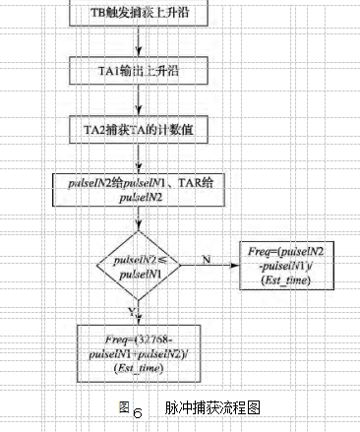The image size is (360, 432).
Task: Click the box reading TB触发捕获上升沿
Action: (x=143, y=14)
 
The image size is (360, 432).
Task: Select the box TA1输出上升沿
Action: (x=143, y=70)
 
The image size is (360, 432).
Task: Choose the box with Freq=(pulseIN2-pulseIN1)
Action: (x=284, y=268)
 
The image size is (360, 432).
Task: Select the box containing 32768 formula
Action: (x=143, y=351)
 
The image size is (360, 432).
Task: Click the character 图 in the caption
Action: (x=123, y=406)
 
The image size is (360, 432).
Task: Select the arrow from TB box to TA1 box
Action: (x=143, y=42)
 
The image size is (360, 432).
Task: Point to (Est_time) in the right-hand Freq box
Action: (x=284, y=282)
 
